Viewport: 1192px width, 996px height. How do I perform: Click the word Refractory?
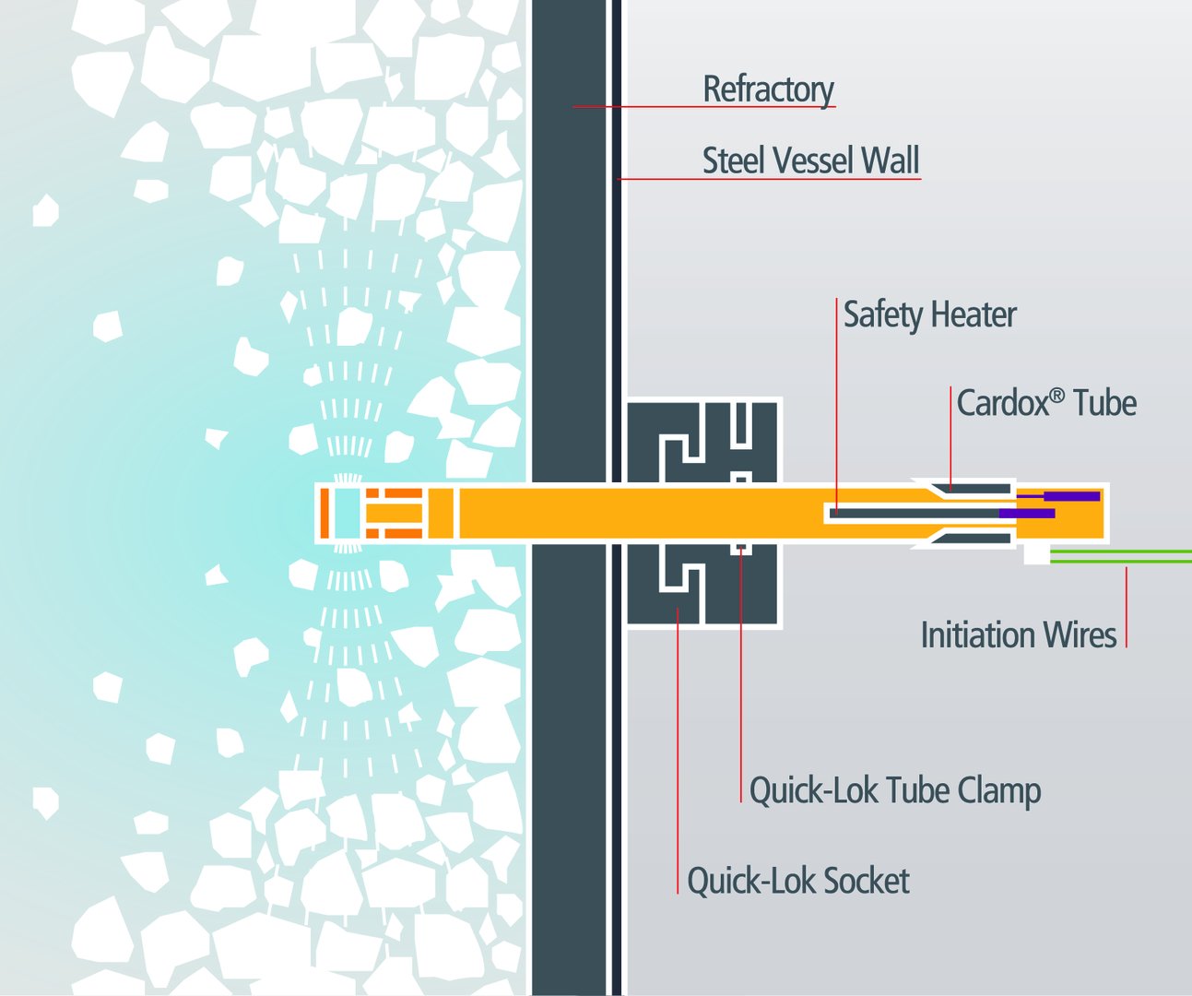[x=768, y=89]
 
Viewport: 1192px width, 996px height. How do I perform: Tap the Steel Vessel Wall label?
[x=810, y=160]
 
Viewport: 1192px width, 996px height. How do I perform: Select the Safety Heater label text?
[x=930, y=314]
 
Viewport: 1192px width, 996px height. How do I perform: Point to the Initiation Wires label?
[x=1019, y=635]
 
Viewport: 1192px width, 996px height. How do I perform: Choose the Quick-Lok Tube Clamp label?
[x=895, y=791]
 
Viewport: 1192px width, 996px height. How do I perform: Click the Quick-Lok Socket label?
[x=798, y=881]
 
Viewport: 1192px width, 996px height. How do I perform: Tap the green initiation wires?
[x=1121, y=557]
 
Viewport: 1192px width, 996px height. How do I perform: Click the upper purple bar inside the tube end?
[x=1057, y=496]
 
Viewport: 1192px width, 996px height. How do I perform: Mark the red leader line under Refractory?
[x=704, y=107]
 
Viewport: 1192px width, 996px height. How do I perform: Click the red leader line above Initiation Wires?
[x=1127, y=607]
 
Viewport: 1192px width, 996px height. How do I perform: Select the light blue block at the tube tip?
[x=347, y=513]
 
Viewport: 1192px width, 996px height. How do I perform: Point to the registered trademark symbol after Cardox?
[x=1057, y=395]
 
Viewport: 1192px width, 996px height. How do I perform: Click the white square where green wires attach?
[x=1036, y=554]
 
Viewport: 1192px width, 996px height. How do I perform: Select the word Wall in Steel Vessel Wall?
[x=890, y=160]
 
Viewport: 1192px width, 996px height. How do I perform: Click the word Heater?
[x=974, y=314]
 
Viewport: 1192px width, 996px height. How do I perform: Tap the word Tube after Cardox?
[x=1104, y=403]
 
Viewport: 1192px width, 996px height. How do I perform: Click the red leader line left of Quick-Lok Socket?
[x=678, y=751]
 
